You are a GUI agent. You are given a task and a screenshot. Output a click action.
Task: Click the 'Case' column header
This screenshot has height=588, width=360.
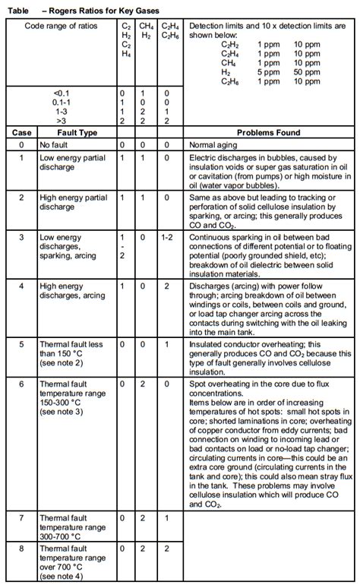point(21,132)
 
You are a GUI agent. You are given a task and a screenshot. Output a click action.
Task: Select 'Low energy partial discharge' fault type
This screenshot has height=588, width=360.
point(73,162)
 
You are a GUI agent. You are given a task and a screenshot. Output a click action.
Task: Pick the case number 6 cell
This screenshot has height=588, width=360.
point(21,384)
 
